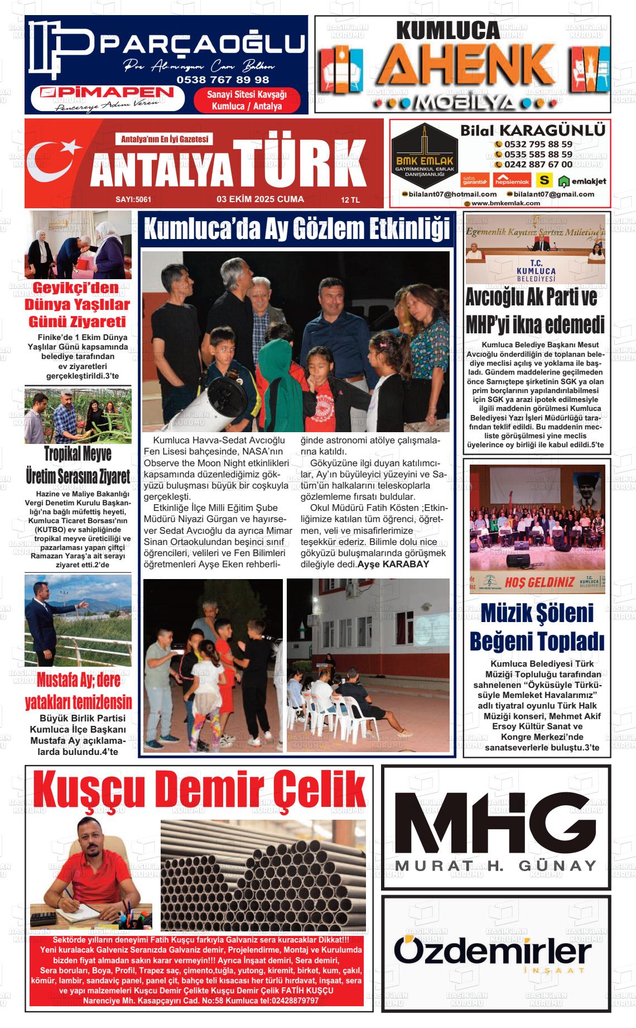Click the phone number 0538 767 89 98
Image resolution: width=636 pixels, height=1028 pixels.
[x=223, y=80]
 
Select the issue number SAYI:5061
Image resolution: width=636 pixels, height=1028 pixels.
[x=133, y=199]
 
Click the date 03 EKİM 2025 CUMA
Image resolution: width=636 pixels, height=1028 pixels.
[x=260, y=199]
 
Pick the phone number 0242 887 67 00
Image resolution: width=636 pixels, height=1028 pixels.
[x=538, y=164]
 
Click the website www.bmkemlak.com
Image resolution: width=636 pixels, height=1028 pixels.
[x=505, y=203]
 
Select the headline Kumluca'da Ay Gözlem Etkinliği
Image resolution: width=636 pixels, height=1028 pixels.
[x=296, y=229]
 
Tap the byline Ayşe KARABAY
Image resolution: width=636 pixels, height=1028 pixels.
[x=393, y=564]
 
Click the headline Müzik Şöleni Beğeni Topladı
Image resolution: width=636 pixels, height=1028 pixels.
[x=537, y=627]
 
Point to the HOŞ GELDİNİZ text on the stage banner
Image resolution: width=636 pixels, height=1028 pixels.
[x=539, y=582]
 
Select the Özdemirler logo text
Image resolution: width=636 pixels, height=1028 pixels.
[x=493, y=952]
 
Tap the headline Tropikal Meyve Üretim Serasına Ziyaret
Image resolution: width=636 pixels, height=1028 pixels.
[x=78, y=465]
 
